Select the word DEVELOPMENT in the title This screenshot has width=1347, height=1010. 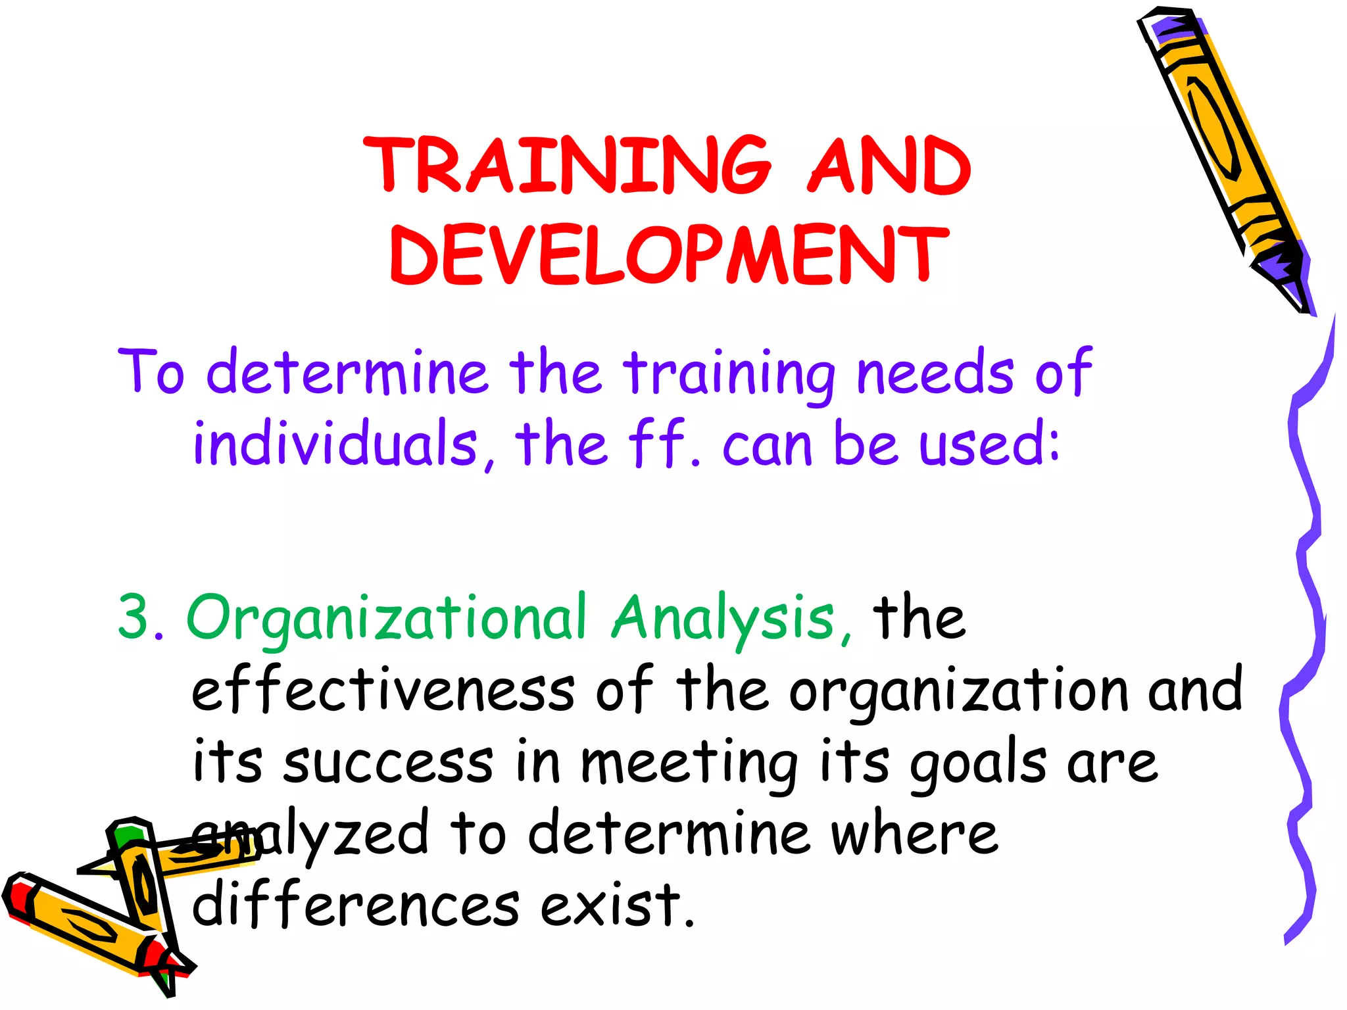click(669, 255)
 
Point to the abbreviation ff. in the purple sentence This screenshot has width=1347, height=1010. click(664, 443)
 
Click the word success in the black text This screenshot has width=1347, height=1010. click(388, 763)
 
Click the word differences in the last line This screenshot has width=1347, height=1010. click(355, 905)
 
